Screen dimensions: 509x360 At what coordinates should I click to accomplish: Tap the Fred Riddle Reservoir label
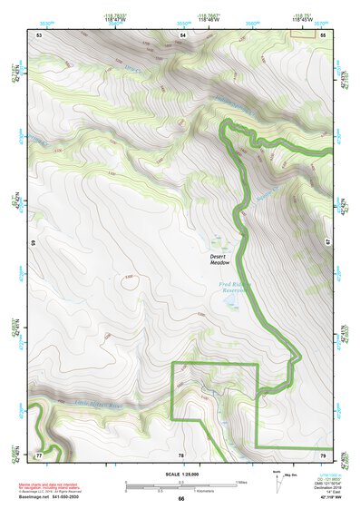click(237, 291)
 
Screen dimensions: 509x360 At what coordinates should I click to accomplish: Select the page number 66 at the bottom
click(180, 499)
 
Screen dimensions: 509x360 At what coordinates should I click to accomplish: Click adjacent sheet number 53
click(39, 34)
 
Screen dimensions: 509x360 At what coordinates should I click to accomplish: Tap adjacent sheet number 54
click(181, 34)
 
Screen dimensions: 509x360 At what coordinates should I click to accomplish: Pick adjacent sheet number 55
click(322, 34)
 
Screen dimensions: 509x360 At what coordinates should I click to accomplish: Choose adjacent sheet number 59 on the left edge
click(33, 244)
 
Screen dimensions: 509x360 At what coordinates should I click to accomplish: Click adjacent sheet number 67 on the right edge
click(328, 244)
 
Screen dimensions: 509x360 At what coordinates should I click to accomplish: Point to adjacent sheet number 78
click(180, 454)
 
